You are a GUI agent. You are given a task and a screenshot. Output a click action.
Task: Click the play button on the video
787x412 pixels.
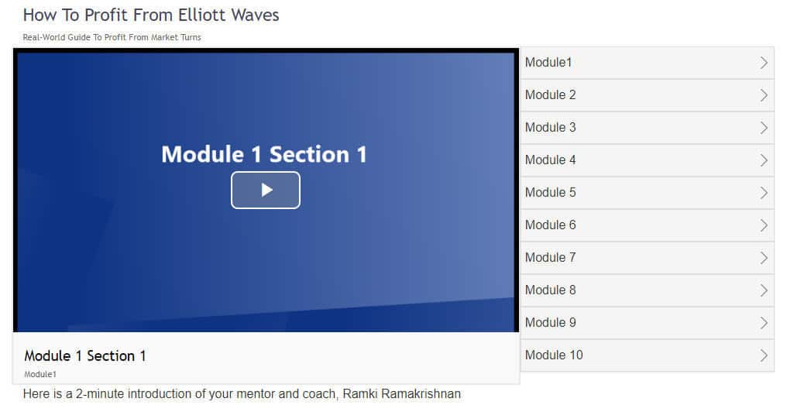(x=266, y=190)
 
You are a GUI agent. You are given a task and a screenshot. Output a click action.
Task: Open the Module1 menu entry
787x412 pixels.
(x=548, y=62)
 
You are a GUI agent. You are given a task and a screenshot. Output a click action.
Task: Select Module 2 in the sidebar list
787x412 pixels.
(x=550, y=94)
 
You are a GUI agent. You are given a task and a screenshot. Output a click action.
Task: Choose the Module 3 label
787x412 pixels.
(x=550, y=128)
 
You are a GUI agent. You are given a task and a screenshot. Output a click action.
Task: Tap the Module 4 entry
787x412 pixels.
(x=550, y=160)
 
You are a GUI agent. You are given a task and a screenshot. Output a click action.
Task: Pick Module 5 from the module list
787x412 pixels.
(x=550, y=193)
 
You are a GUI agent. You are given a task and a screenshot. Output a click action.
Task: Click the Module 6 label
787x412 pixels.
(x=550, y=225)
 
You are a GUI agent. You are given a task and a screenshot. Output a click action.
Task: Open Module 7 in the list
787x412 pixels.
(x=550, y=257)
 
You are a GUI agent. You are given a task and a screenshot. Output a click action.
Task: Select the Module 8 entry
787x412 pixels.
(x=550, y=290)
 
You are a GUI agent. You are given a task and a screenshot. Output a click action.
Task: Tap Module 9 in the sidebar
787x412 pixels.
(x=550, y=323)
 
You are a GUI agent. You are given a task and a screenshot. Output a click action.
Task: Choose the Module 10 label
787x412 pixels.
(x=554, y=355)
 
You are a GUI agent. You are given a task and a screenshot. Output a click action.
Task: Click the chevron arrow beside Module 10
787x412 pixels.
(x=764, y=355)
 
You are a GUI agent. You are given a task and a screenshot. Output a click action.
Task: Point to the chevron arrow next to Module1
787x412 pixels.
(x=764, y=62)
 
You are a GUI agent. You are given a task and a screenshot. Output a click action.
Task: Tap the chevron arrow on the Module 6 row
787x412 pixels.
(x=764, y=225)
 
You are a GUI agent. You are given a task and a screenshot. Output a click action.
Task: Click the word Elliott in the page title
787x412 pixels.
(x=201, y=15)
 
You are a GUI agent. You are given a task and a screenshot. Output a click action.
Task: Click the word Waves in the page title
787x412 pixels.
(x=255, y=15)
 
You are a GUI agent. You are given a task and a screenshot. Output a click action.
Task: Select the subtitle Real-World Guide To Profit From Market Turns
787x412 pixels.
(x=112, y=37)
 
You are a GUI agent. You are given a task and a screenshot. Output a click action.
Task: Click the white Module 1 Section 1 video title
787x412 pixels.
(x=264, y=154)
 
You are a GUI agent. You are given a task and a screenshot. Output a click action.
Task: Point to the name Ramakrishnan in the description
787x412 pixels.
(x=421, y=394)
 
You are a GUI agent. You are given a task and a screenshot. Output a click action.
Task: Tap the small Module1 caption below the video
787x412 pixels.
(x=40, y=374)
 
